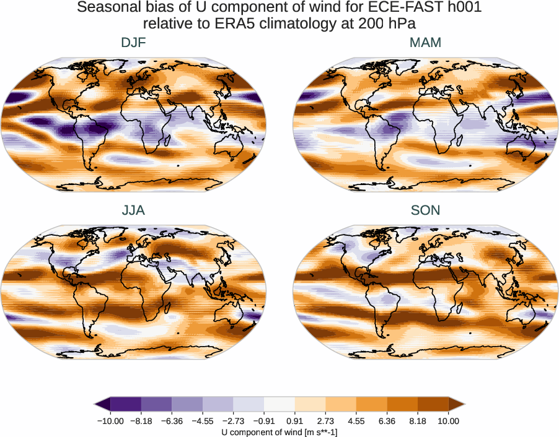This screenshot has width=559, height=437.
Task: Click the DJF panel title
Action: coord(133,43)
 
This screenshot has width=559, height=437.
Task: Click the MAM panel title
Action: coord(425,43)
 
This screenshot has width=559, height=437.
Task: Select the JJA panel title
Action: coord(133,210)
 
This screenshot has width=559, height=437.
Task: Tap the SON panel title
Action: coord(425,210)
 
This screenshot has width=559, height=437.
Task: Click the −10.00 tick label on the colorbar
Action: coord(110,421)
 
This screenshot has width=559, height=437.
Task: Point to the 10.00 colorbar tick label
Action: coord(449,421)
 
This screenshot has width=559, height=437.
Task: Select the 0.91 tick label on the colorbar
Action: coord(294,421)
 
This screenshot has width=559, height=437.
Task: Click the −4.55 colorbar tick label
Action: coord(203,421)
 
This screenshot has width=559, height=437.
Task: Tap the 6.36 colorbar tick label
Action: coord(387,421)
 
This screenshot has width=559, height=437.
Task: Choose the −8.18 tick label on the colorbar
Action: coord(141,421)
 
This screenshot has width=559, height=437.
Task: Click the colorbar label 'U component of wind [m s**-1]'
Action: coord(279,432)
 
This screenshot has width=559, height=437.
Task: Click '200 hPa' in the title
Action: coord(392,24)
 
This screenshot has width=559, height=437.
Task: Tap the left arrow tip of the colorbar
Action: coord(97,404)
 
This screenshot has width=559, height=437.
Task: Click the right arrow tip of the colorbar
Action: coord(463,404)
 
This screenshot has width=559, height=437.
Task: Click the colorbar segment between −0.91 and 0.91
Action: coord(279,404)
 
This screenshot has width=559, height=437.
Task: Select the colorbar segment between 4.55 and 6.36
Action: coord(371,404)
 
